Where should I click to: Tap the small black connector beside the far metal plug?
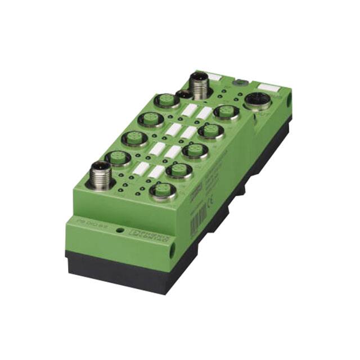point(182,94)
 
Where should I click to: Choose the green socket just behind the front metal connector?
point(118,157)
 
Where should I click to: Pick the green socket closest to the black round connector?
point(227,111)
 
